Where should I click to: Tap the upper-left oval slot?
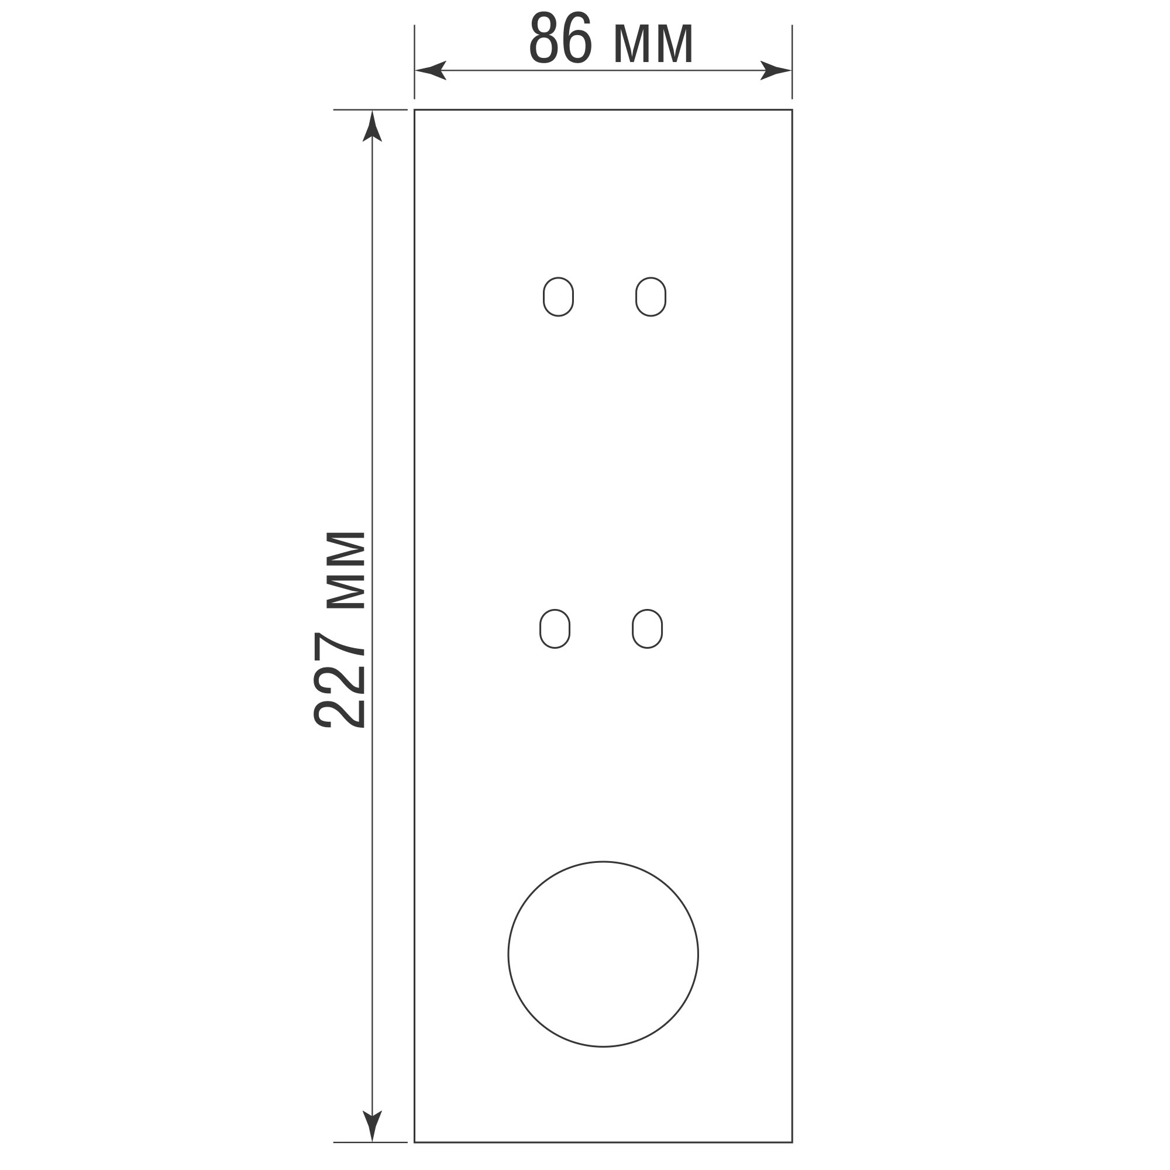544,297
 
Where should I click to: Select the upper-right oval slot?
636,297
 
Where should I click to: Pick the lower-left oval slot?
540,629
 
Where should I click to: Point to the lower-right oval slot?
633,629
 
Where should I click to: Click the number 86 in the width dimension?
560,38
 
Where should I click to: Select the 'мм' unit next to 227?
345,570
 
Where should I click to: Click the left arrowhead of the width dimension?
430,70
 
